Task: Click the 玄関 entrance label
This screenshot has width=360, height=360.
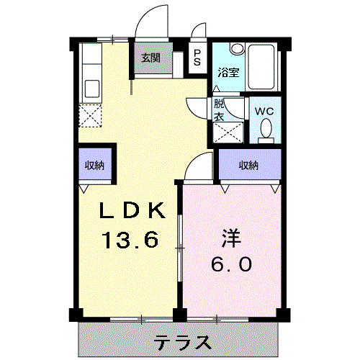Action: point(150,58)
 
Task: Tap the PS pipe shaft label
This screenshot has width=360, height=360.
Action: point(197,58)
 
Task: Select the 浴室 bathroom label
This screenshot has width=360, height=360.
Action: point(228,73)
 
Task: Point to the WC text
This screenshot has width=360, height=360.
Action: point(264,112)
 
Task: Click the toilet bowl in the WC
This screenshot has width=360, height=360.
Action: point(266,129)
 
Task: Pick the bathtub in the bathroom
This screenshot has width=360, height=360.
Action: point(261,66)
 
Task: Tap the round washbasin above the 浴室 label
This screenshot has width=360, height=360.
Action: point(237,49)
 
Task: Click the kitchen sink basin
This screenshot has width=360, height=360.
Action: point(92,89)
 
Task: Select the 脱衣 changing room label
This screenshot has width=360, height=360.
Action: point(219,110)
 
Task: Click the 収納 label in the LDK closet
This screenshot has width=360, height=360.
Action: point(95,165)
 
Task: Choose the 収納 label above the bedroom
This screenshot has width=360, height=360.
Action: point(248,165)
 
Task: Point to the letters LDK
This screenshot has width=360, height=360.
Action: point(132,210)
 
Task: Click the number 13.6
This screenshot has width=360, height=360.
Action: point(130,239)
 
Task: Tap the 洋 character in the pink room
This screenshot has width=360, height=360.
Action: point(231,238)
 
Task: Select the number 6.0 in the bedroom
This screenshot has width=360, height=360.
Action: point(231,264)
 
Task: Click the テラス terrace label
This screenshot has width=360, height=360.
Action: point(183,343)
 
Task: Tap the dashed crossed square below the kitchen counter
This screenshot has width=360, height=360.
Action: point(90,116)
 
